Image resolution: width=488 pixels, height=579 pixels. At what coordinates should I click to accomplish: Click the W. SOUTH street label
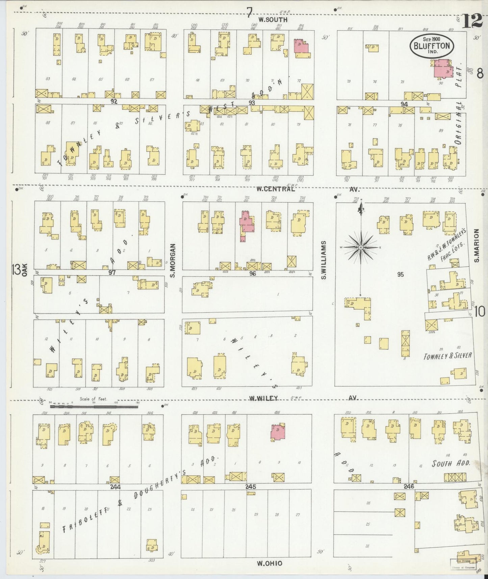click(x=273, y=20)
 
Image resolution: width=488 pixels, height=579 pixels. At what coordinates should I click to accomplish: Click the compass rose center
click(x=361, y=248)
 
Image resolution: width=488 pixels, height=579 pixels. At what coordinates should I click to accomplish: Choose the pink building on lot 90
click(x=442, y=69)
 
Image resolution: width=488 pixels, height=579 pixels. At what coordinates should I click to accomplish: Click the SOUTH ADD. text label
click(x=451, y=463)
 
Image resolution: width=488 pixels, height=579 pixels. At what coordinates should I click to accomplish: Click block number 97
click(x=112, y=272)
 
